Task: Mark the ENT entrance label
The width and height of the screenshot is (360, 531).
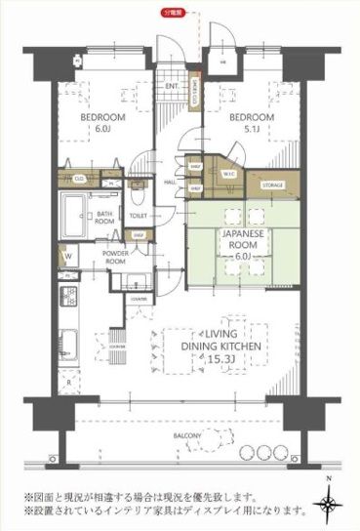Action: tap(171, 86)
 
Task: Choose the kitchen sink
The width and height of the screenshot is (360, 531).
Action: tap(69, 344)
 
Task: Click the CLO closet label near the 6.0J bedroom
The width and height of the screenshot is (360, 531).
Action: tap(78, 180)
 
